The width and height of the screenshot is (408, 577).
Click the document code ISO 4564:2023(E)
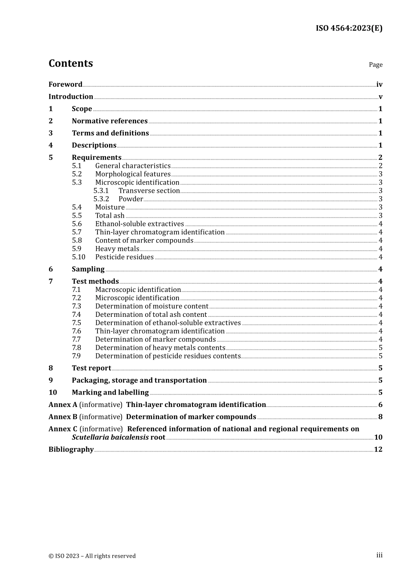349,28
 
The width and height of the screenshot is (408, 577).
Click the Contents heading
70,64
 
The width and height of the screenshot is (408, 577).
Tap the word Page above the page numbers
375,65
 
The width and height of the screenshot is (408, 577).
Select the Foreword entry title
65,85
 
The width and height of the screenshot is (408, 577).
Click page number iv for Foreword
379,85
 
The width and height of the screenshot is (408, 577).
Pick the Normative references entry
110,121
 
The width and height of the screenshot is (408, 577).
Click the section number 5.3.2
101,199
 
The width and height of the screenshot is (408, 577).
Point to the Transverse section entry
149,191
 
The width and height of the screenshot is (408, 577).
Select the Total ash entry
110,216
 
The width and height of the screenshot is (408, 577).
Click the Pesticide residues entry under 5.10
125,257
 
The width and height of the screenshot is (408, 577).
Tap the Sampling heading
88,269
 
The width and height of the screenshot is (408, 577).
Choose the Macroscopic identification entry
138,290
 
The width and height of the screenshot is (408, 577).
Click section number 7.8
76,348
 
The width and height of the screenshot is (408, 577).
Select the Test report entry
91,368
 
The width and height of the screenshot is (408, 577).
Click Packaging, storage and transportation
139,380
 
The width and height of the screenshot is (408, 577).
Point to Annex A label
63,405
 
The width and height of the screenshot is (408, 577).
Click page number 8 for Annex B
380,417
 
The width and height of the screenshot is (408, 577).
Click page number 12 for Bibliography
378,449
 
